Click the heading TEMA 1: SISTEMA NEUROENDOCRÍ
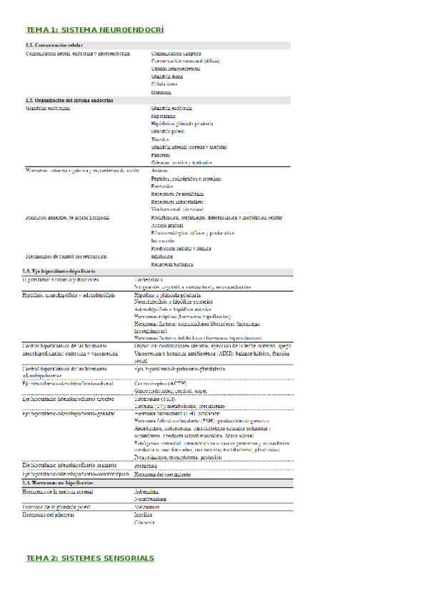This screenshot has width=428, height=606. click(x=95, y=31)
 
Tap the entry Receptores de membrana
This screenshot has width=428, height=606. click(x=177, y=194)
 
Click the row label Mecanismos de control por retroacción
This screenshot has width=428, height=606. click(x=66, y=256)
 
